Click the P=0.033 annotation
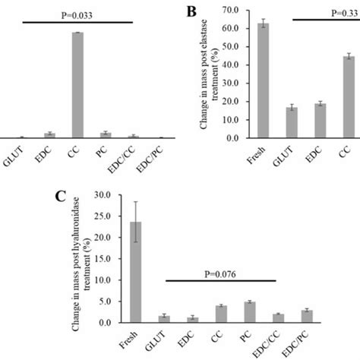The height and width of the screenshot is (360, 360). pyautogui.click(x=74, y=14)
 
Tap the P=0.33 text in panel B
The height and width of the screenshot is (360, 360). pyautogui.click(x=336, y=14)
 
